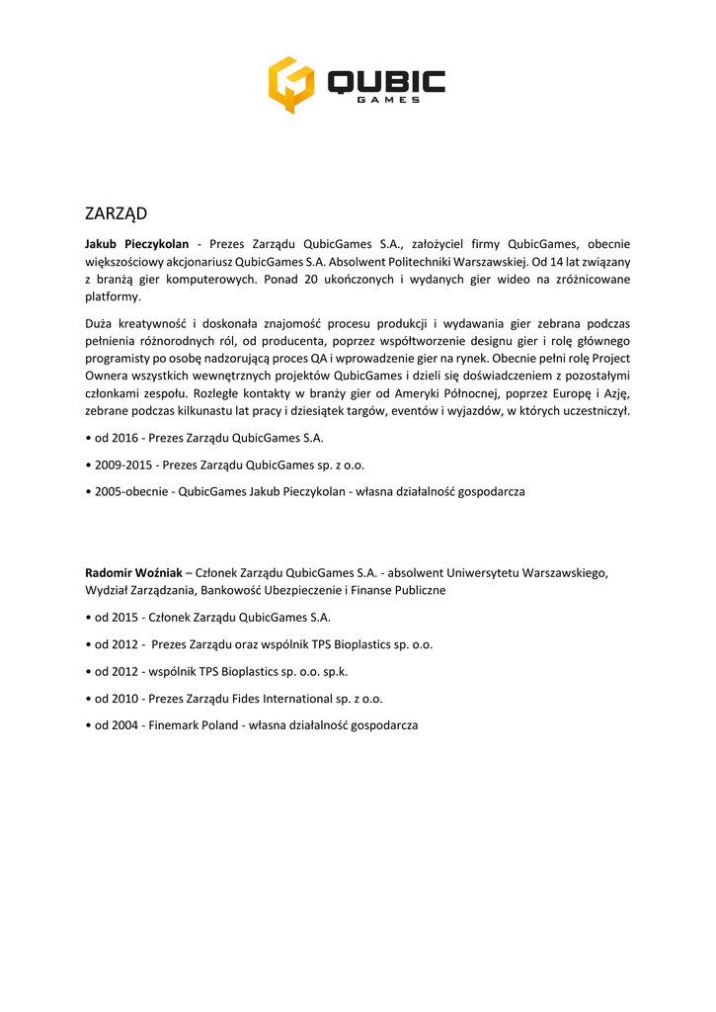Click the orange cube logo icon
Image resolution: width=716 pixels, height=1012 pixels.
coord(291,84)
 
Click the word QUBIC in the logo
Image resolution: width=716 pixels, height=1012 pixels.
coord(386,81)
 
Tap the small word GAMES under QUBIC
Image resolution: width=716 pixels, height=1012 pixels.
coord(387,100)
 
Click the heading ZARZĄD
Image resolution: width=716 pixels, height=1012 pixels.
coord(116,213)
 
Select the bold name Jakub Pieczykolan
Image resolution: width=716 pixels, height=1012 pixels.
coord(136,243)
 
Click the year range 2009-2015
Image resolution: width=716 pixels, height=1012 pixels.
coord(123,464)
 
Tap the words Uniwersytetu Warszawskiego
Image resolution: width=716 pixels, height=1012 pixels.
coord(527,572)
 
